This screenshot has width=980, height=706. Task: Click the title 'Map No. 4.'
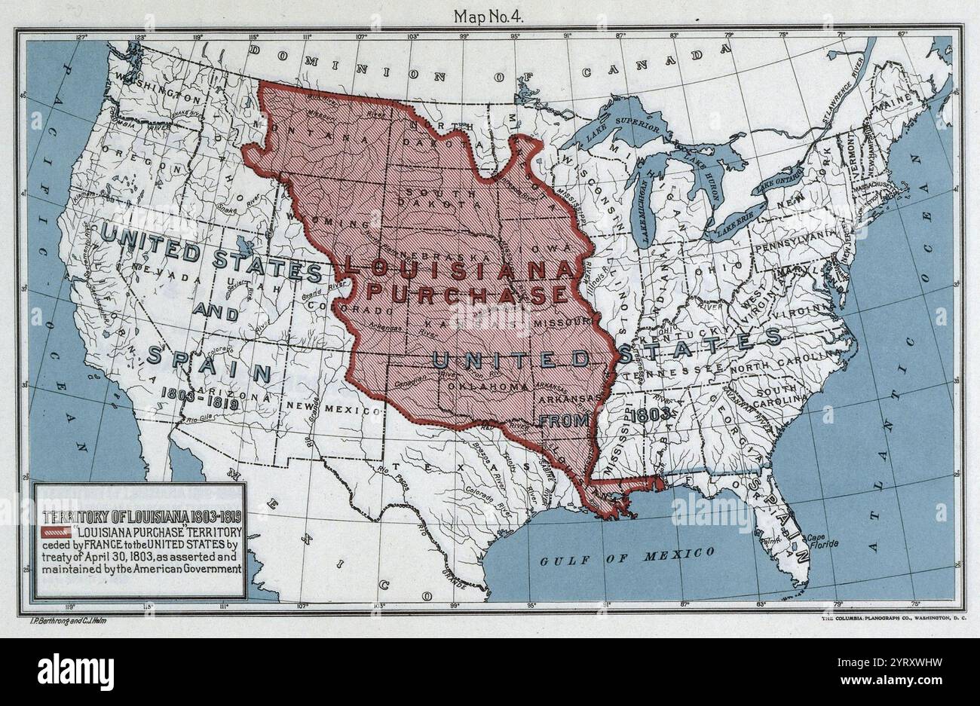(x=490, y=15)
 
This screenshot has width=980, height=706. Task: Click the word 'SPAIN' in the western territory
(x=209, y=364)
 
